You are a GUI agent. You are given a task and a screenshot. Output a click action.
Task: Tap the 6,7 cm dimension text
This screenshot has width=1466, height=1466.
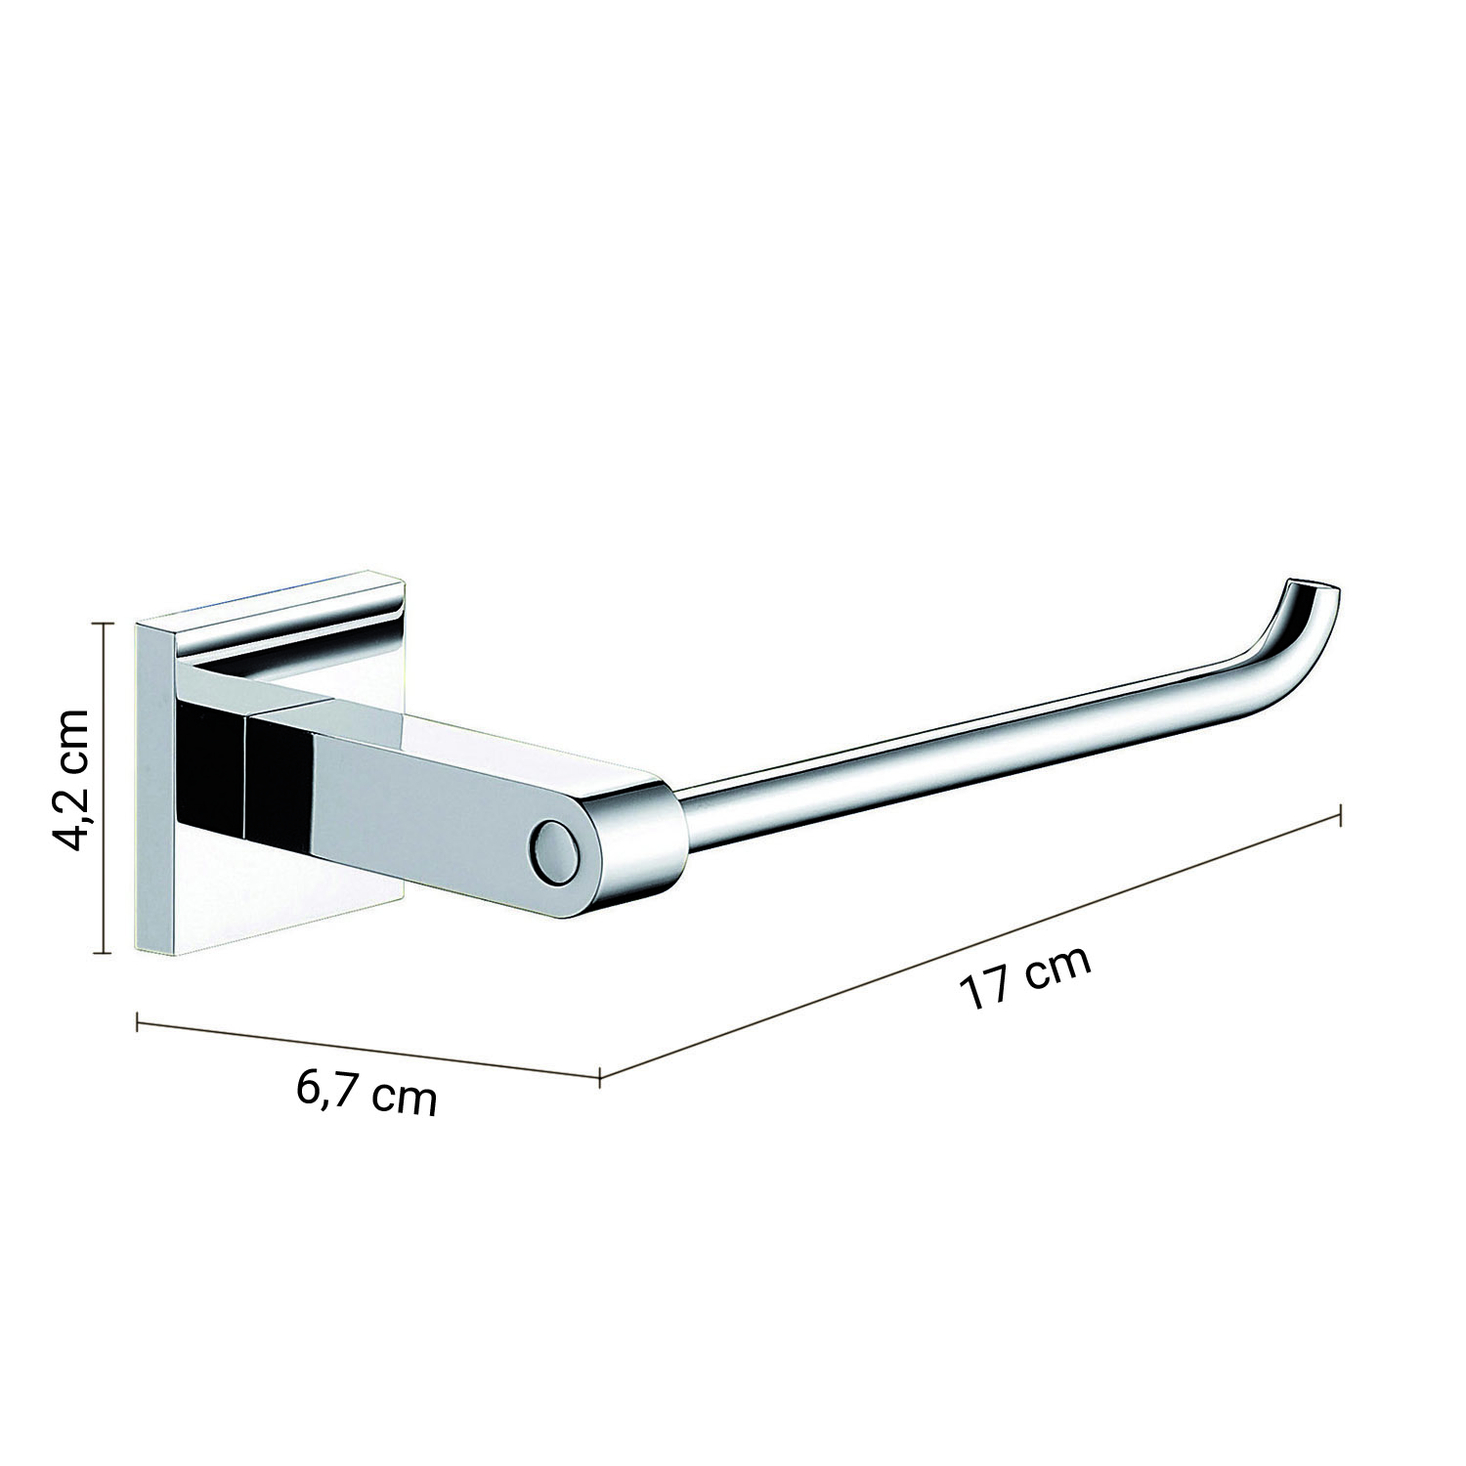pyautogui.click(x=367, y=1093)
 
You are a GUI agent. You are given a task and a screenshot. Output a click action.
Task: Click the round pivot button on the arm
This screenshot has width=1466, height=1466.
pyautogui.click(x=553, y=852)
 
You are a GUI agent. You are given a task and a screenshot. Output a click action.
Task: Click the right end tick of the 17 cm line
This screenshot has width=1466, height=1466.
pyautogui.click(x=1339, y=815)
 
